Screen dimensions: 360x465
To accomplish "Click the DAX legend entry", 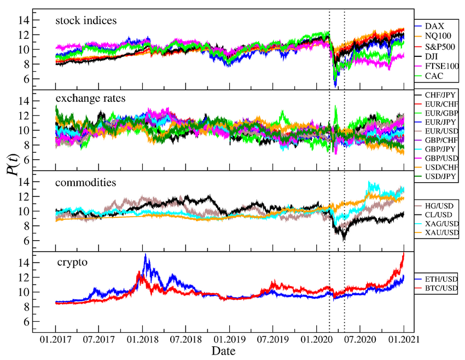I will [434, 26].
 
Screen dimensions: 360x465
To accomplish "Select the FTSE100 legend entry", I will [440, 66].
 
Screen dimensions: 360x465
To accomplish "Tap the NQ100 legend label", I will [438, 36].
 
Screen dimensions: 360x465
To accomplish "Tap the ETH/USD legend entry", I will [441, 279].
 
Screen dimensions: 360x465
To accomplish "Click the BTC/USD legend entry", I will [441, 288].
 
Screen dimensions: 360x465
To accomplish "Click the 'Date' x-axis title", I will [224, 351].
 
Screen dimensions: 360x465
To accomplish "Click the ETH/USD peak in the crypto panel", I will [145, 256].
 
